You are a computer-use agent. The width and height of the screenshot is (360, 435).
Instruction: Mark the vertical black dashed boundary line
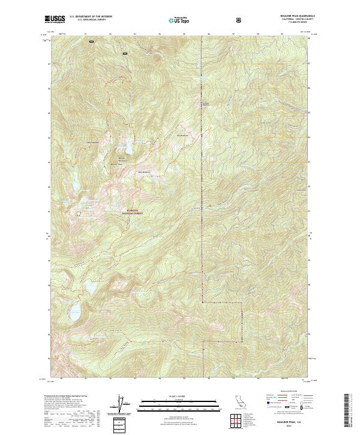pos(202,180)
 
